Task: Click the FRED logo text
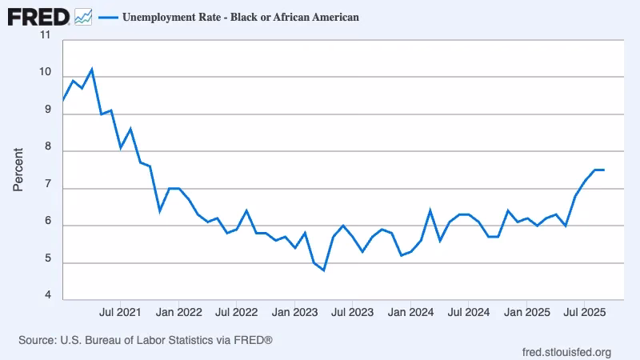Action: [x=38, y=15]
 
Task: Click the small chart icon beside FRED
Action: [x=82, y=16]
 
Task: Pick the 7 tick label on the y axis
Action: [x=46, y=185]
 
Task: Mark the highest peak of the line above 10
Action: [x=92, y=70]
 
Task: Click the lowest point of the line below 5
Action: [x=323, y=270]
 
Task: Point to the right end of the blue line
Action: [x=604, y=170]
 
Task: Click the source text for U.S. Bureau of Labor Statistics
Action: [x=146, y=340]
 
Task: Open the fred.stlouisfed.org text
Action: [x=566, y=352]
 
